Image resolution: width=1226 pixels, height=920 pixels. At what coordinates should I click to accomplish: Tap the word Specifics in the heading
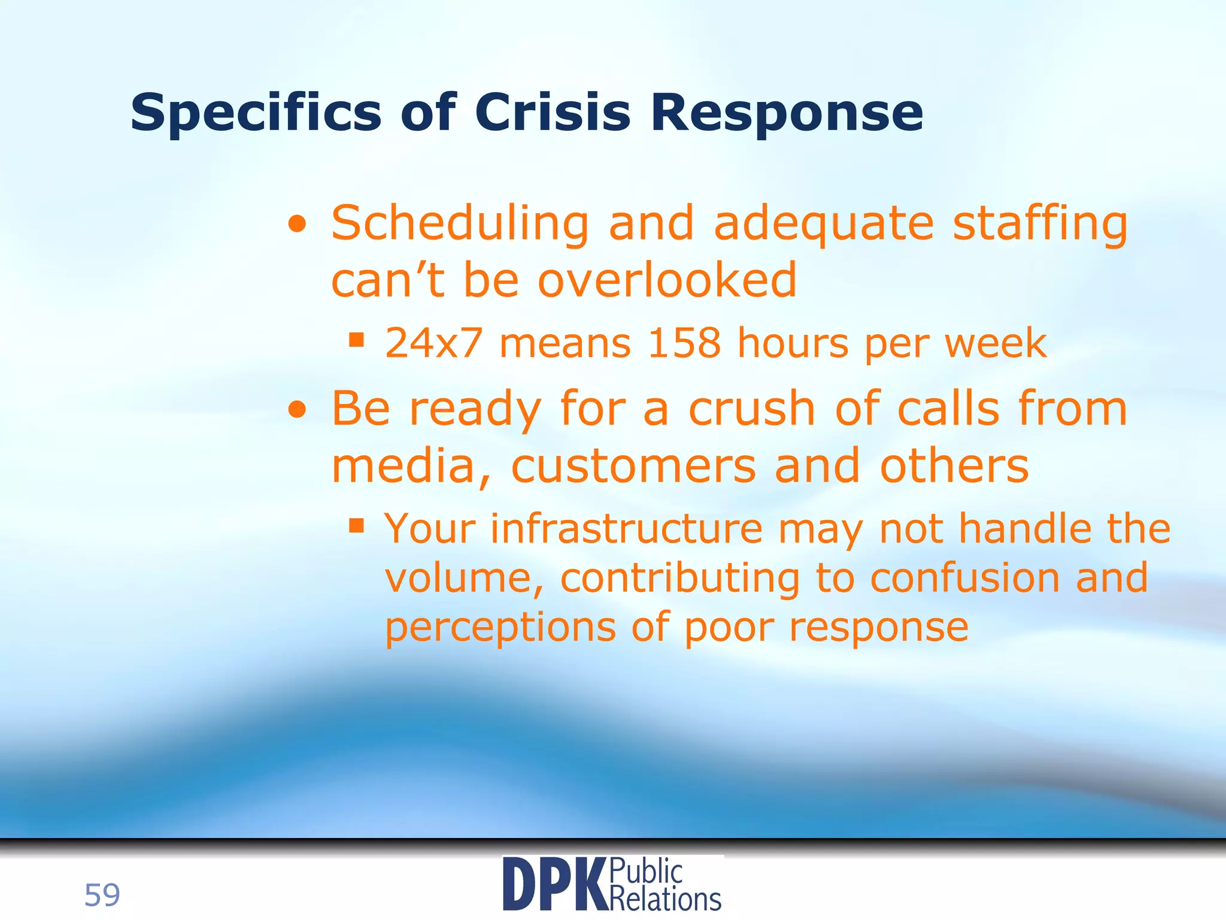256,113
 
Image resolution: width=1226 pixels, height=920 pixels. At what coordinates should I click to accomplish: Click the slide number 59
102,895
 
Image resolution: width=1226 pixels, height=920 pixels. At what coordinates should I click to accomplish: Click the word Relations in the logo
666,899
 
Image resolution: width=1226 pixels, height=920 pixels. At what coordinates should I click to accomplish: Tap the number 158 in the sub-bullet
684,343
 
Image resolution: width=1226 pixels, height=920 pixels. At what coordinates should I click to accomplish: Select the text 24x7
433,343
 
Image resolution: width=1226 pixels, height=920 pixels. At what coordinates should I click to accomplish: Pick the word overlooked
667,280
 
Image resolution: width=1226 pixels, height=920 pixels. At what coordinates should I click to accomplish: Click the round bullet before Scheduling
297,226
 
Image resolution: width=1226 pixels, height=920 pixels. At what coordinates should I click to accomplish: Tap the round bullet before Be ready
297,411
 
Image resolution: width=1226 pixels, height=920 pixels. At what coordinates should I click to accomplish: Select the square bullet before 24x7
357,340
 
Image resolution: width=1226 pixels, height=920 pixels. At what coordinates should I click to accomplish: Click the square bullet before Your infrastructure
357,526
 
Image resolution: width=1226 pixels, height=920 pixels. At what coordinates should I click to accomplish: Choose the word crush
752,409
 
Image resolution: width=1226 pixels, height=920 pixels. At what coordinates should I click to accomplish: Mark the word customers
633,466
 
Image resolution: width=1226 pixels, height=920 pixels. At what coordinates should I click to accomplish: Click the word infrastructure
627,529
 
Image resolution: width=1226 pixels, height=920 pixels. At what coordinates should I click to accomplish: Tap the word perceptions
500,628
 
